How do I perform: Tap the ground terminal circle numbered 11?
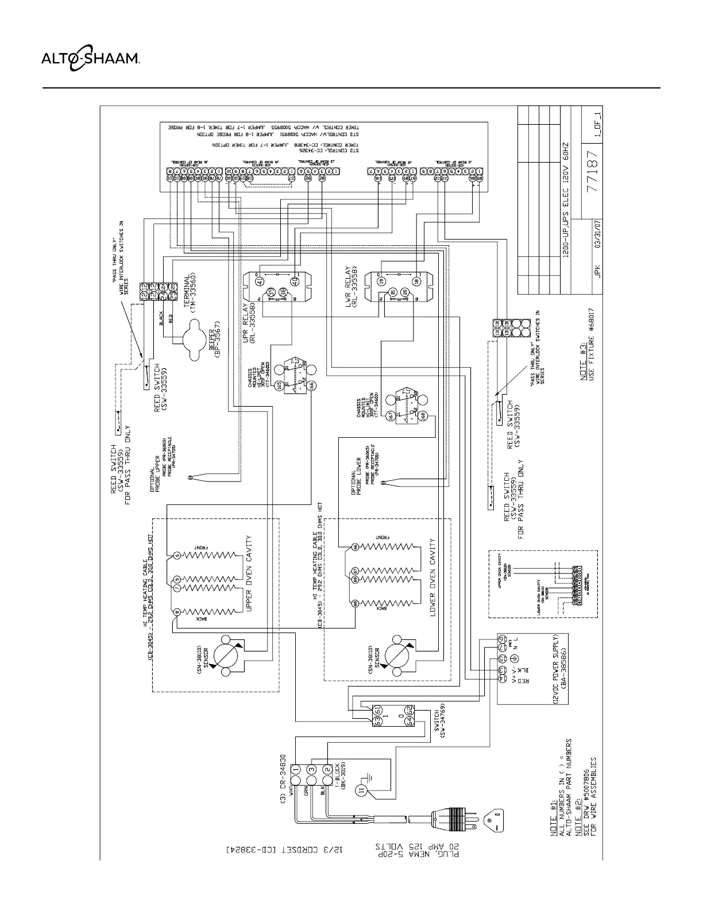pos(361,789)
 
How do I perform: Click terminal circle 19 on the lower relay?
pos(381,281)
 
